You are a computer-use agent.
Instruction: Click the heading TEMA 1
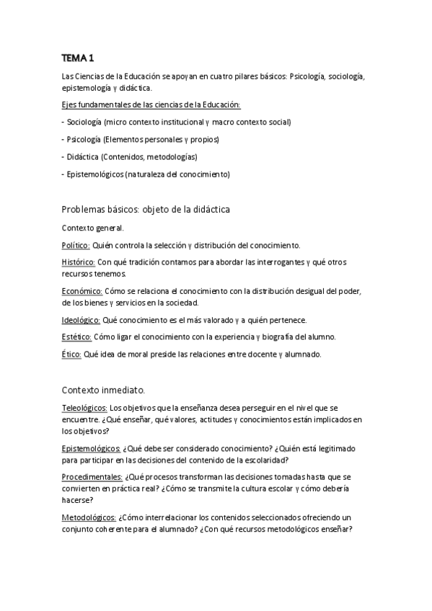(x=78, y=57)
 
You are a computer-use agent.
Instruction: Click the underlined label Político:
(x=77, y=245)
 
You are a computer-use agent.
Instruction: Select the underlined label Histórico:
(x=79, y=262)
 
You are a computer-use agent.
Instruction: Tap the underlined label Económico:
(x=82, y=291)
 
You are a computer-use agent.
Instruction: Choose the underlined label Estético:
(x=76, y=336)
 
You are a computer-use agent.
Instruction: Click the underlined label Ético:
(x=72, y=354)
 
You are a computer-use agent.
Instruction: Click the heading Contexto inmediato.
(x=104, y=390)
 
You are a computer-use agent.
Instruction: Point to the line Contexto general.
(x=93, y=228)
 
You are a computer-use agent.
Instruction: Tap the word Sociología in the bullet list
(x=84, y=122)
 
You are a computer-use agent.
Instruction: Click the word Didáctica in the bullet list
(x=82, y=156)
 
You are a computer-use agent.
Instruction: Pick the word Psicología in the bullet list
(x=84, y=139)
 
